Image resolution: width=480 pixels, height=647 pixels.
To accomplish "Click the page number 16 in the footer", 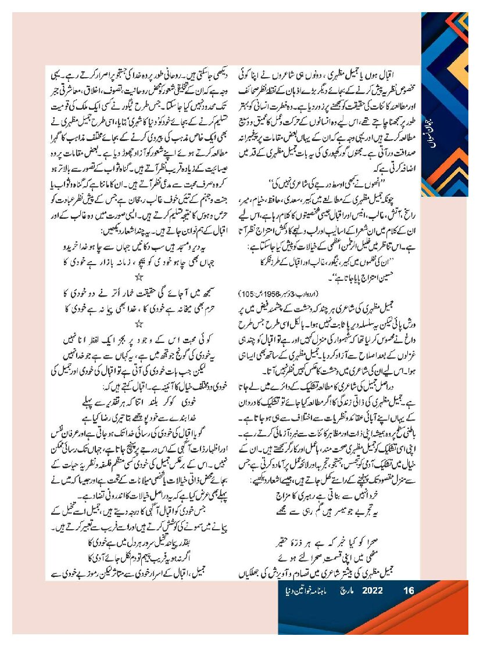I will coord(408,591).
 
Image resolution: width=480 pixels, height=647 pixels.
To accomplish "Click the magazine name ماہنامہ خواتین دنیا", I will coord(306,591).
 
